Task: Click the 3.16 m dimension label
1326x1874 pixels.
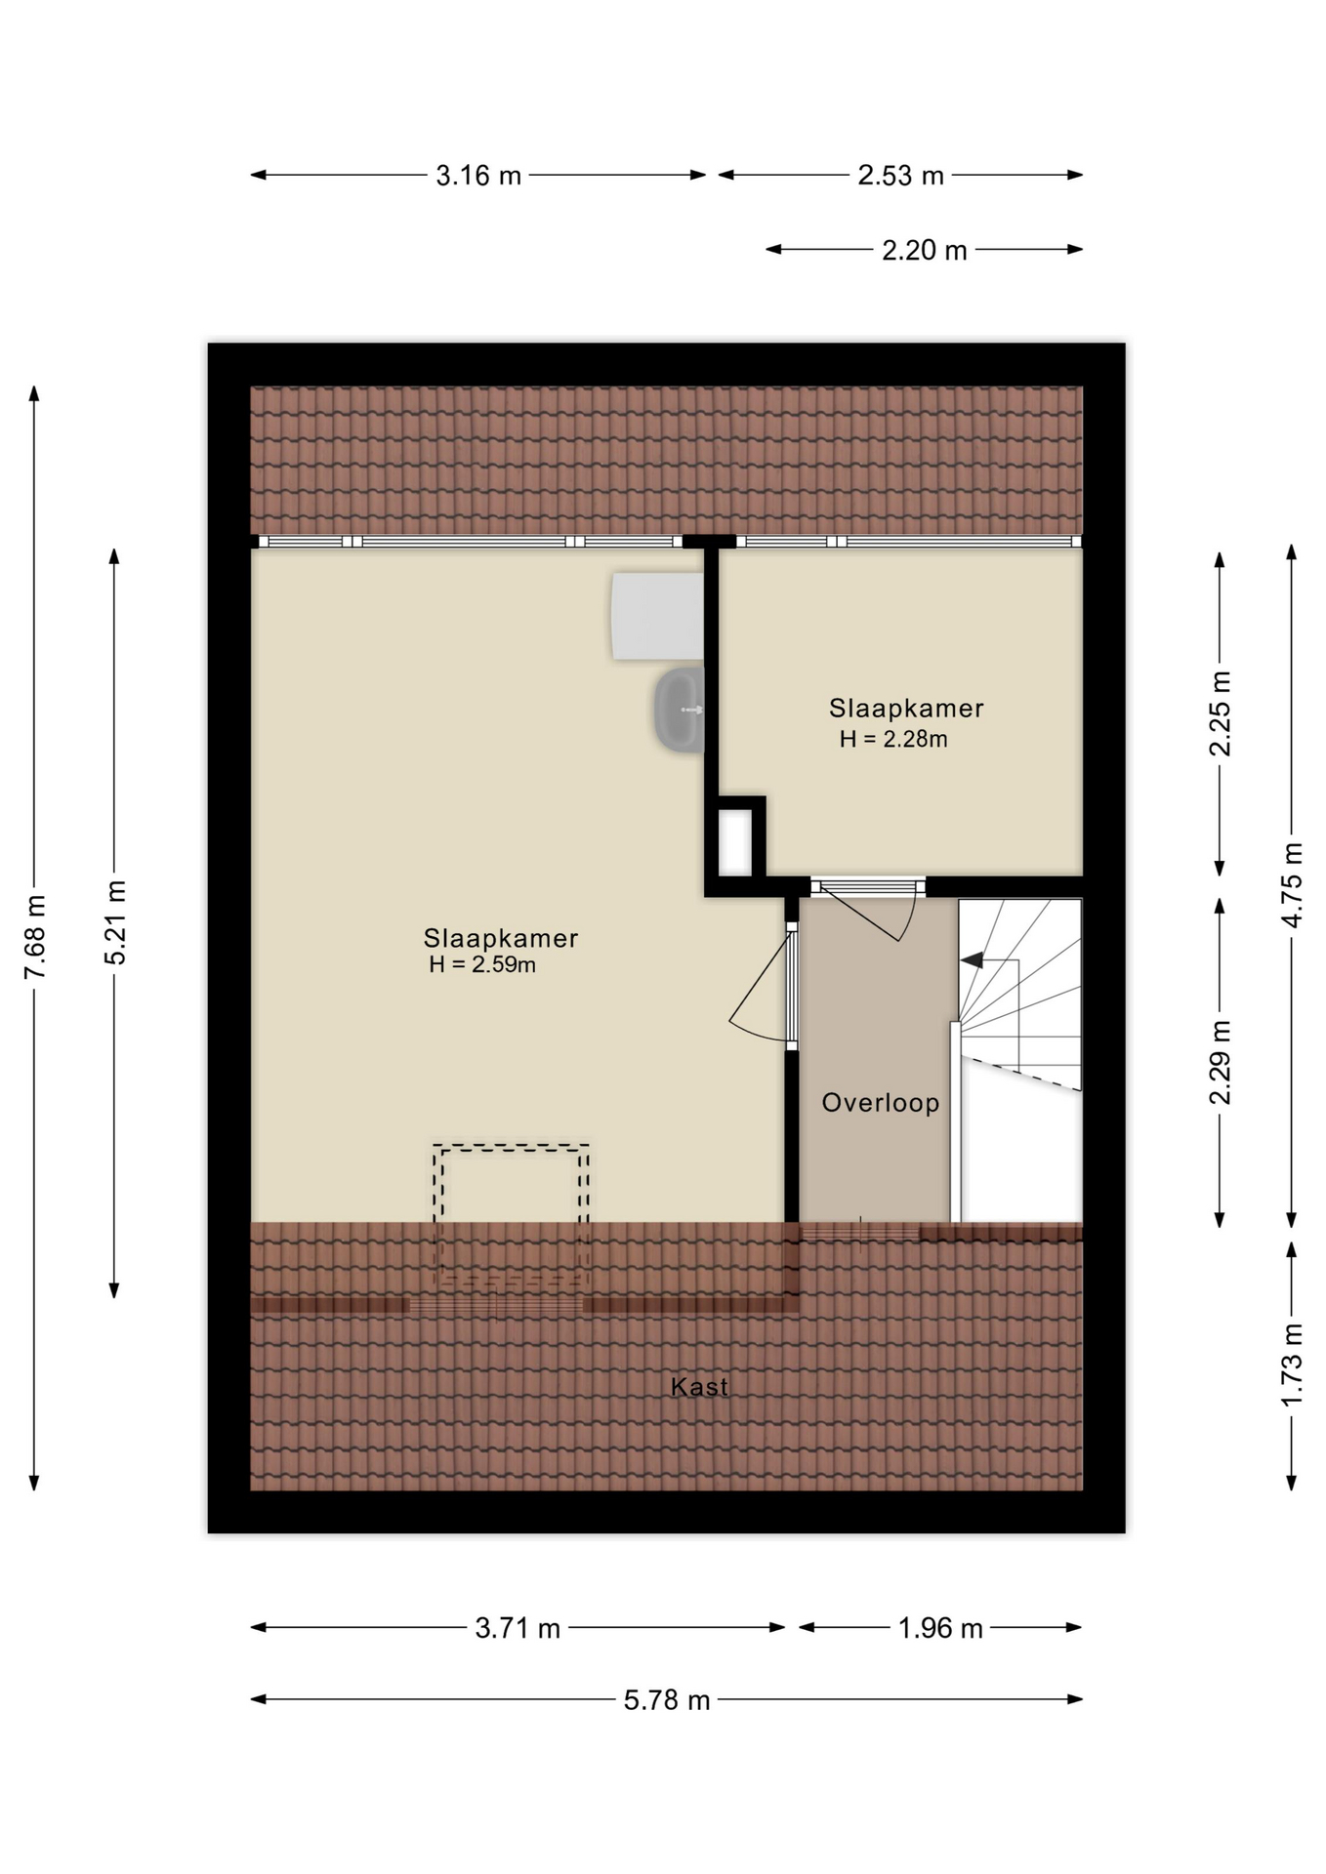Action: pyautogui.click(x=478, y=176)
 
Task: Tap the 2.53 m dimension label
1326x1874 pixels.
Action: pyautogui.click(x=900, y=176)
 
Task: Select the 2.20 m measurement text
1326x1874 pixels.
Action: pyautogui.click(x=925, y=251)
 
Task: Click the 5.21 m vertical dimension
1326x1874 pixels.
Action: pyautogui.click(x=115, y=922)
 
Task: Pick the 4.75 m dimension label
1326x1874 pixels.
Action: pyautogui.click(x=1291, y=885)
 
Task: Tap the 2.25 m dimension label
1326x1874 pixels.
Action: pyautogui.click(x=1220, y=714)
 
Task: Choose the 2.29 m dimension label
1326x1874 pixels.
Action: pyautogui.click(x=1220, y=1062)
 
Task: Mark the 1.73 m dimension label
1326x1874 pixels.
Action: pyautogui.click(x=1291, y=1365)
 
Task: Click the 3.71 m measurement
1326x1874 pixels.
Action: pyautogui.click(x=518, y=1628)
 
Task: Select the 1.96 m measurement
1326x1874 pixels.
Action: pyautogui.click(x=940, y=1628)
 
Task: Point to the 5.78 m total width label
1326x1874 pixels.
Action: pyautogui.click(x=667, y=1700)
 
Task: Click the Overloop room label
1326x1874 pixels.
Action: pyautogui.click(x=880, y=1103)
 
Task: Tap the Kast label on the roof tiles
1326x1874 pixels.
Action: pyautogui.click(x=699, y=1387)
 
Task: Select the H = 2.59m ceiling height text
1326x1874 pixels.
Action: pyautogui.click(x=482, y=965)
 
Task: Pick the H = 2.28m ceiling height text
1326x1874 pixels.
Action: pyautogui.click(x=893, y=740)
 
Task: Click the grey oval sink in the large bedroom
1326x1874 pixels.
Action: pyautogui.click(x=679, y=711)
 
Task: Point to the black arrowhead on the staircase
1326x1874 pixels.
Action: pyautogui.click(x=972, y=960)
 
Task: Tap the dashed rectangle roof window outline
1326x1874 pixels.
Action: pyautogui.click(x=511, y=1147)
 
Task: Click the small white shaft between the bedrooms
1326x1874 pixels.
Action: pyautogui.click(x=735, y=842)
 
